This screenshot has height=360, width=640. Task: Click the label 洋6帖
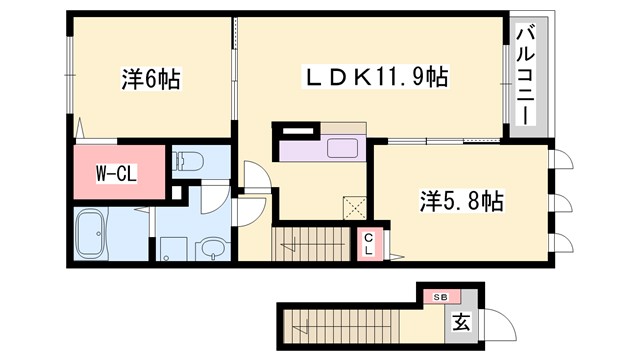[149, 81]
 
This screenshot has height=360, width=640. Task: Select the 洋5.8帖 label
[460, 201]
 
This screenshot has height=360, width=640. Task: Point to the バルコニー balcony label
[524, 75]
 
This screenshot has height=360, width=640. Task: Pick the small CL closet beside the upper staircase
[368, 243]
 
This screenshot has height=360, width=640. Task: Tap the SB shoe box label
[441, 297]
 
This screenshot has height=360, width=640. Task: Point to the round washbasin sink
[212, 247]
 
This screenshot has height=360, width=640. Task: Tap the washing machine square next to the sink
[172, 247]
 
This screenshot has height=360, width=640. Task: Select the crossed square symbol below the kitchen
[354, 207]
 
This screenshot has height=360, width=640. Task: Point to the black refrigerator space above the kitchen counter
[296, 130]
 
